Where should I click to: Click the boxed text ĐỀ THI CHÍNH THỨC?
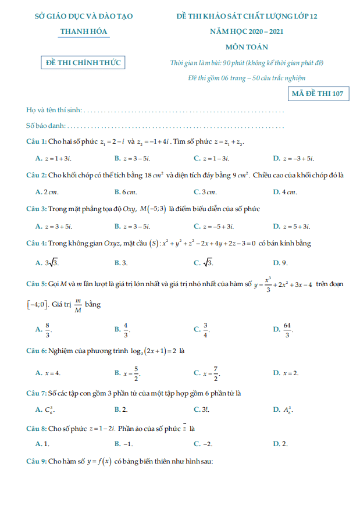(84, 62)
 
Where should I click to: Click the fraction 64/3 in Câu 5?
(287, 330)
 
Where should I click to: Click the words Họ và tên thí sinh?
(54, 110)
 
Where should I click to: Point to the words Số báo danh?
(46, 126)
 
